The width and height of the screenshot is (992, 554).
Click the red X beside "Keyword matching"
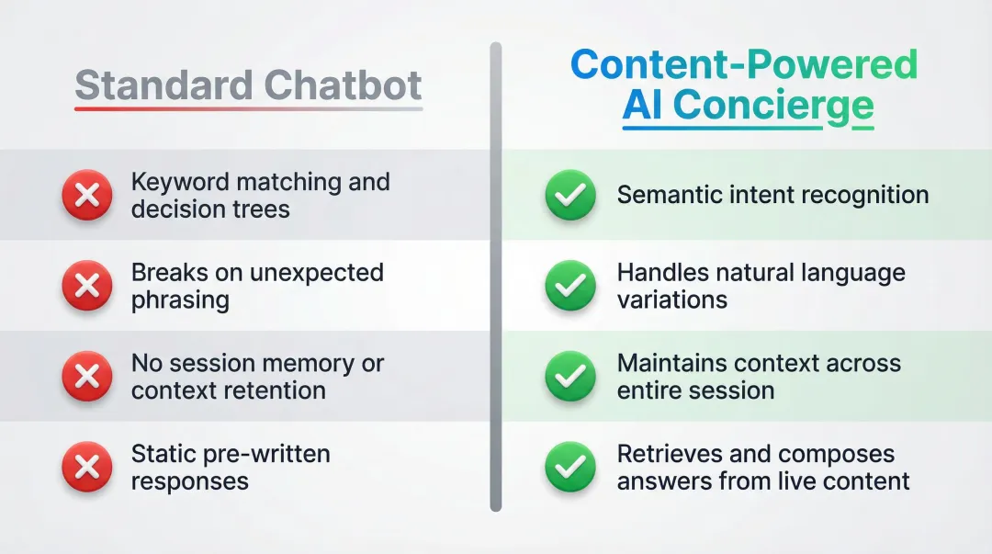(x=86, y=196)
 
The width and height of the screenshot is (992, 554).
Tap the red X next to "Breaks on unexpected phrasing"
(x=86, y=287)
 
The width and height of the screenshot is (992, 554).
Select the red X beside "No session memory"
(x=86, y=377)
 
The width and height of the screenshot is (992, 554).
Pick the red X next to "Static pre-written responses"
(x=86, y=468)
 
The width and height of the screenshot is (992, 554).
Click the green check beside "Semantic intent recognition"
(x=570, y=196)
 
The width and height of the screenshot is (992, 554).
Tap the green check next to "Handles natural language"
(x=570, y=287)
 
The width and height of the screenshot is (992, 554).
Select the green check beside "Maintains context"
(x=570, y=377)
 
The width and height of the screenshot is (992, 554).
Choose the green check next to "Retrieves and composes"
(x=570, y=468)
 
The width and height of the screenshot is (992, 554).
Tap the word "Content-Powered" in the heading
(x=743, y=64)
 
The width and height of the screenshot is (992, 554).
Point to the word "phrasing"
(x=180, y=300)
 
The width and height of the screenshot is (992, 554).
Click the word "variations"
(x=671, y=300)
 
